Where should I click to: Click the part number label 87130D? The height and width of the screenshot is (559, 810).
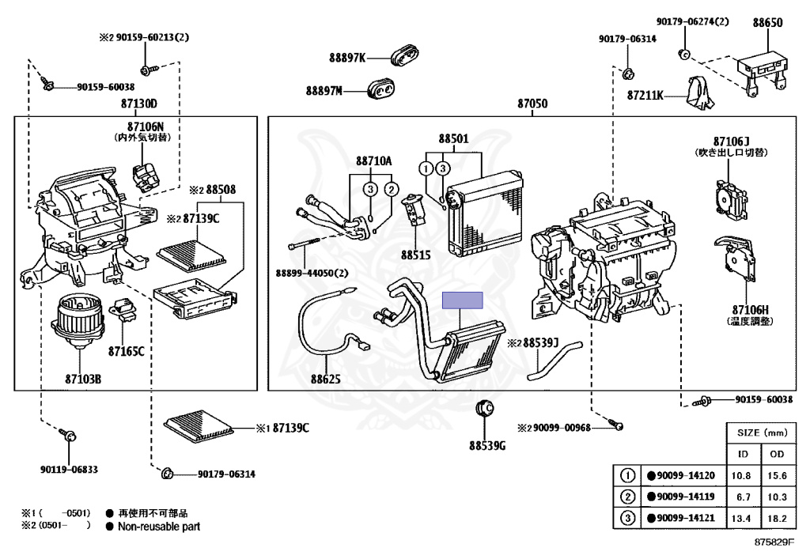pos(139,104)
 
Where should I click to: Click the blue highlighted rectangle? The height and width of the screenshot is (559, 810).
pos(463,300)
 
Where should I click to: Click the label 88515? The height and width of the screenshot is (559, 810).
pos(415,255)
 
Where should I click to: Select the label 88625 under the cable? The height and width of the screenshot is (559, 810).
pos(325,380)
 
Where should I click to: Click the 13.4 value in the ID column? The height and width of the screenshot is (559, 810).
pos(743,518)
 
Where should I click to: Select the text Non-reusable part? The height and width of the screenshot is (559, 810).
pos(159,526)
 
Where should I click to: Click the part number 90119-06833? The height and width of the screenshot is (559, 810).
pos(69,469)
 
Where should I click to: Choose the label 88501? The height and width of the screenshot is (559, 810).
pos(453,138)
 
